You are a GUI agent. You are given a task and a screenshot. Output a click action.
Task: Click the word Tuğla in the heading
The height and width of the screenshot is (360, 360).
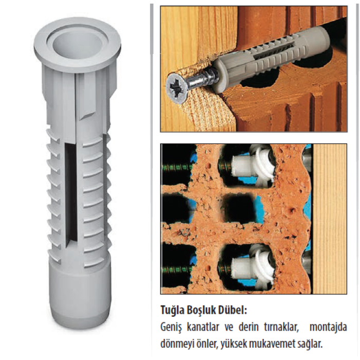pos(172,311)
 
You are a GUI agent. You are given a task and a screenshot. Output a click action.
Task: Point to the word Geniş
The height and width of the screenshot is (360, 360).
pos(171,328)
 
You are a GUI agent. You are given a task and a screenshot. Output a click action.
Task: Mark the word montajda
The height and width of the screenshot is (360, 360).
pos(328,328)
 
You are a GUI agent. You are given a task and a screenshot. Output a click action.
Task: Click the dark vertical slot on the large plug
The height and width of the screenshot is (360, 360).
pos(70,195)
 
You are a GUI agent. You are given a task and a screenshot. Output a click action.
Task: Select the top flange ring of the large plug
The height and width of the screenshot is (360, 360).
pos(78,45)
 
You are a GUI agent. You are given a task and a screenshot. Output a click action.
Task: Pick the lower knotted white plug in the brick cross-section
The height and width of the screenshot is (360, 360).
pos(252,266)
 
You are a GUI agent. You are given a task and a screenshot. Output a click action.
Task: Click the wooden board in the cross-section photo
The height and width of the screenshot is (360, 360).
pos(330,219)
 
